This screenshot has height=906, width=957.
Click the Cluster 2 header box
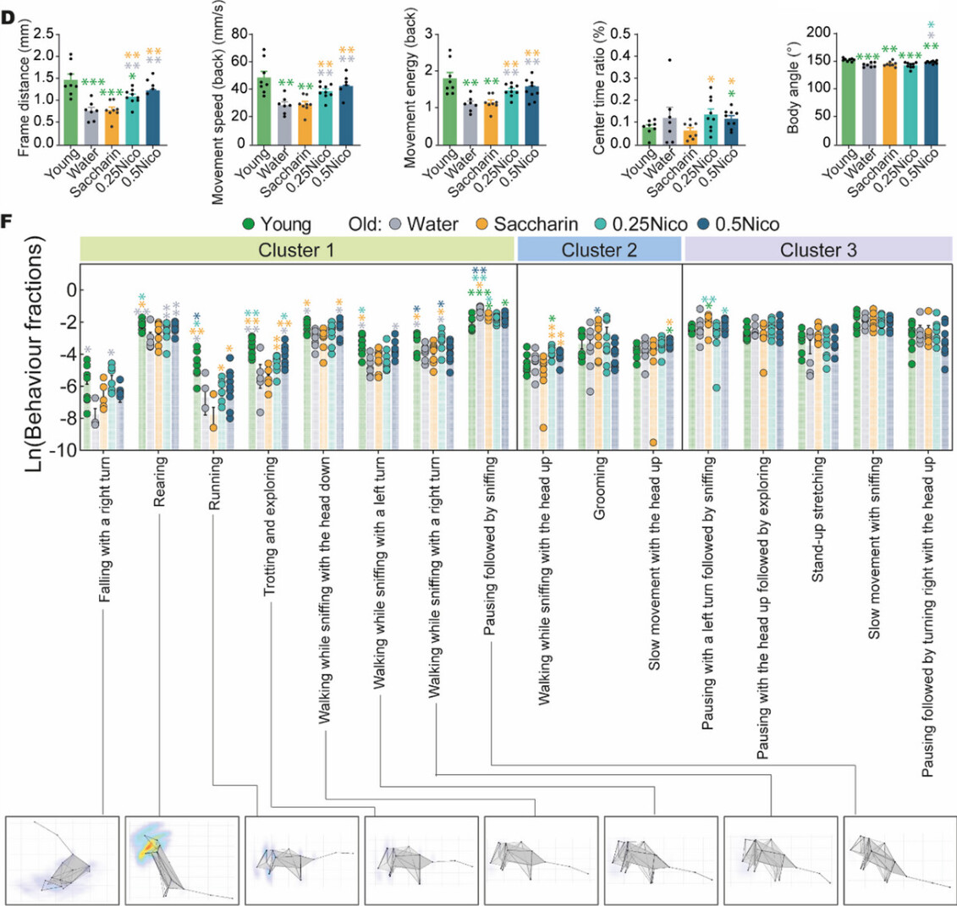pyautogui.click(x=598, y=250)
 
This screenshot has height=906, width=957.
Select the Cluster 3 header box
pyautogui.click(x=818, y=250)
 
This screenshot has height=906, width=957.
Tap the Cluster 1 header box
pyautogui.click(x=298, y=250)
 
